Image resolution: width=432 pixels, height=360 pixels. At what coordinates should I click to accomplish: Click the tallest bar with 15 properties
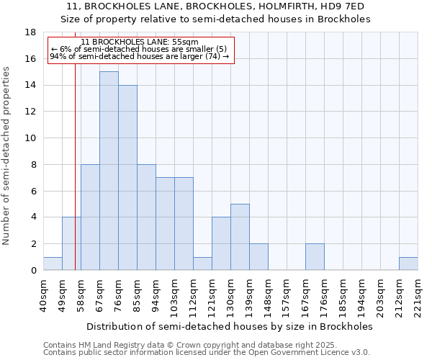pos(109,171)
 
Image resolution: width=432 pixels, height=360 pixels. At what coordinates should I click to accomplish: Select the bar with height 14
pos(127,177)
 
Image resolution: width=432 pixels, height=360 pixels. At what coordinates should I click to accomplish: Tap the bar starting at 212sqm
pos(408,264)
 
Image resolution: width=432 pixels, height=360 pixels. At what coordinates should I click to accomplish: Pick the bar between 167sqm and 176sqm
pos(315,257)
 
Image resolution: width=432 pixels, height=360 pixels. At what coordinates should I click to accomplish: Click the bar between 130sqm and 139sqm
pos(240,237)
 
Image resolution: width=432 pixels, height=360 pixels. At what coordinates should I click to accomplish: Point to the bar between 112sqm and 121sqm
pos(202,264)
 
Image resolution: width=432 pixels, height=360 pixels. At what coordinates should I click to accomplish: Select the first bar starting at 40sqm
pos(53,264)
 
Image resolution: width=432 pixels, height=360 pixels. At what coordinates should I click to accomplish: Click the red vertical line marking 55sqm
pos(75,180)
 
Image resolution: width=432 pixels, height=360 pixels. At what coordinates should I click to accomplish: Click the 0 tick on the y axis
pos(33,271)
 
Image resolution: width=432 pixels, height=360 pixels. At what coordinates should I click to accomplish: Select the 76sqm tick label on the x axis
pos(118,296)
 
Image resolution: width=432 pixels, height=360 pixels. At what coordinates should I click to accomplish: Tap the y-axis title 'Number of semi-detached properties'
pos(7,156)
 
